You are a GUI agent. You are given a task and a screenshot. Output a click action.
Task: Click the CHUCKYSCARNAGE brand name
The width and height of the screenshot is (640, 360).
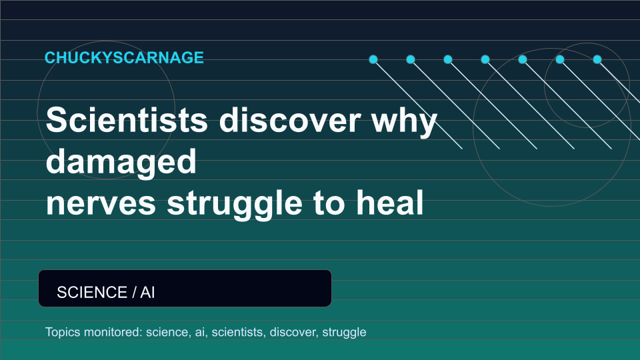point(124,57)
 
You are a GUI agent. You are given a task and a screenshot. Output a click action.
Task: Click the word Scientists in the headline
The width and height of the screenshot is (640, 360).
point(127,119)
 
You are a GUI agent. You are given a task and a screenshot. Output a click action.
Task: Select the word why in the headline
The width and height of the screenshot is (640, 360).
point(404,121)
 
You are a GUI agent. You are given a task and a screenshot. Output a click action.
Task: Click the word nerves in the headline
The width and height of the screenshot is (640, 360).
point(101,204)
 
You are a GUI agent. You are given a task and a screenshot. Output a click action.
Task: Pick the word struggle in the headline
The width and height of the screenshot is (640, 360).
point(235,205)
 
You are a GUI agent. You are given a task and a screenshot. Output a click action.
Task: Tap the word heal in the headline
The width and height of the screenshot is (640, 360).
point(390,202)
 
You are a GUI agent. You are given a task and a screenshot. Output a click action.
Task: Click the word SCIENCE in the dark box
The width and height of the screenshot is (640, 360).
point(92,292)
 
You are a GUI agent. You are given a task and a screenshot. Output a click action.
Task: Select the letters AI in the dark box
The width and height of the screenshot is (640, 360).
point(147,292)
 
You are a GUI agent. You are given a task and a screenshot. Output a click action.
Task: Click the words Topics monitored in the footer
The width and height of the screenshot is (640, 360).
point(94,332)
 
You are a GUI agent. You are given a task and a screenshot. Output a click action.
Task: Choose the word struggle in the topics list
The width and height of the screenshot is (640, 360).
point(344,333)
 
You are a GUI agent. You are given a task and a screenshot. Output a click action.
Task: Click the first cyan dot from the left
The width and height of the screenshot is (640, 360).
point(373,59)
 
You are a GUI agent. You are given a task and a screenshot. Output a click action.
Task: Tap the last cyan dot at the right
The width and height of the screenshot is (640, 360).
point(597,59)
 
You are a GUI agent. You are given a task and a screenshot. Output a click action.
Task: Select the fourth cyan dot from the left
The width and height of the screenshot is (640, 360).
point(485,59)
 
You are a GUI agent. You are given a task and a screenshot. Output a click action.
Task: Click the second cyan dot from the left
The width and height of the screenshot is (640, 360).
point(411,59)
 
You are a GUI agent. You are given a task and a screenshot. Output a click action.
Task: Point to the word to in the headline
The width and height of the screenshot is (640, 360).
point(329,203)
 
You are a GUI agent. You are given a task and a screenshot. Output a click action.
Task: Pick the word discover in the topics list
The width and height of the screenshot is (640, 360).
point(293,332)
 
